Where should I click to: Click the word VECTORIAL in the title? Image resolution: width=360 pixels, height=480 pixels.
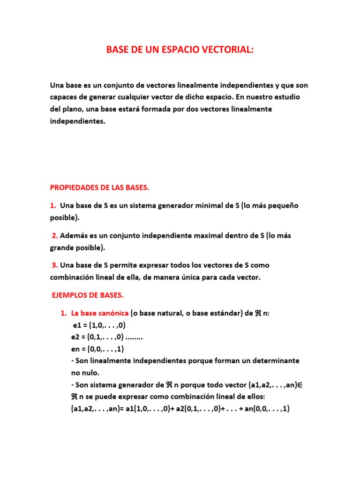(225, 50)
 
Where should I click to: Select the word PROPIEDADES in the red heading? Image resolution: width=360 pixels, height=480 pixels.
(74, 187)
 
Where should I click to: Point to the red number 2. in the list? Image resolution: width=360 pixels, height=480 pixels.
(55, 236)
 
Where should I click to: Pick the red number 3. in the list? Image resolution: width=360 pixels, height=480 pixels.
(55, 265)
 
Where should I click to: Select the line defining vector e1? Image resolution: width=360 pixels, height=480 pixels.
(99, 325)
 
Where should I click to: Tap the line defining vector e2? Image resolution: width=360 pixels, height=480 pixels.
(104, 337)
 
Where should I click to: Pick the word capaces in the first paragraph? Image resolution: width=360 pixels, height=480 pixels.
(64, 97)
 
